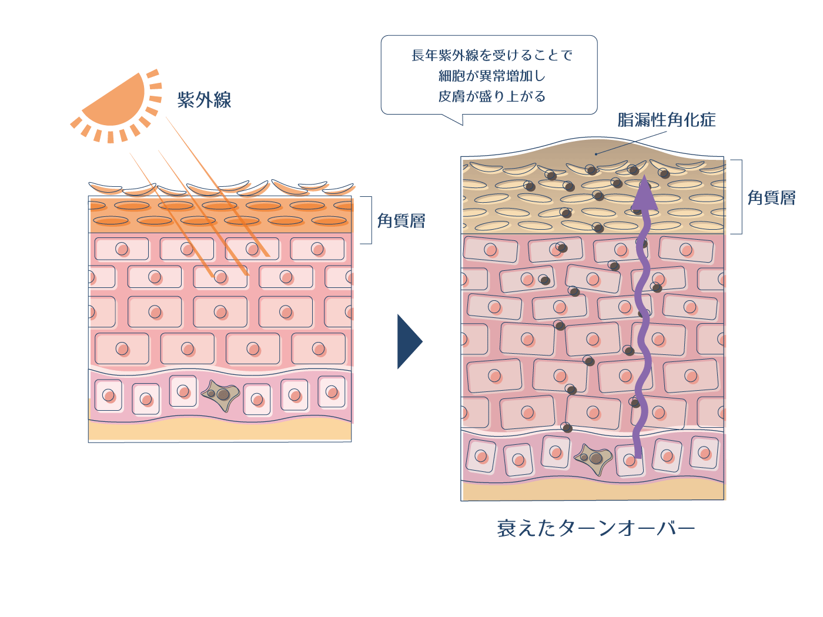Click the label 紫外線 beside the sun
204,100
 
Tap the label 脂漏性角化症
666,120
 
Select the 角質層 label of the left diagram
401,221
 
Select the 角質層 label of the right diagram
771,198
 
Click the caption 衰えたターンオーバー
595,528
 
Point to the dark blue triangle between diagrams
409,341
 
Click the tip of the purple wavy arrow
644,176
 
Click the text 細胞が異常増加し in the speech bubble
491,76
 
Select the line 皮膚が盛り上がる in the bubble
491,96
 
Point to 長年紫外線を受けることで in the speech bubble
491,55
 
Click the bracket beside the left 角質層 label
370,220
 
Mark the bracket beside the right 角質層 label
740,197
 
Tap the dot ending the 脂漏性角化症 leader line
596,154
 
